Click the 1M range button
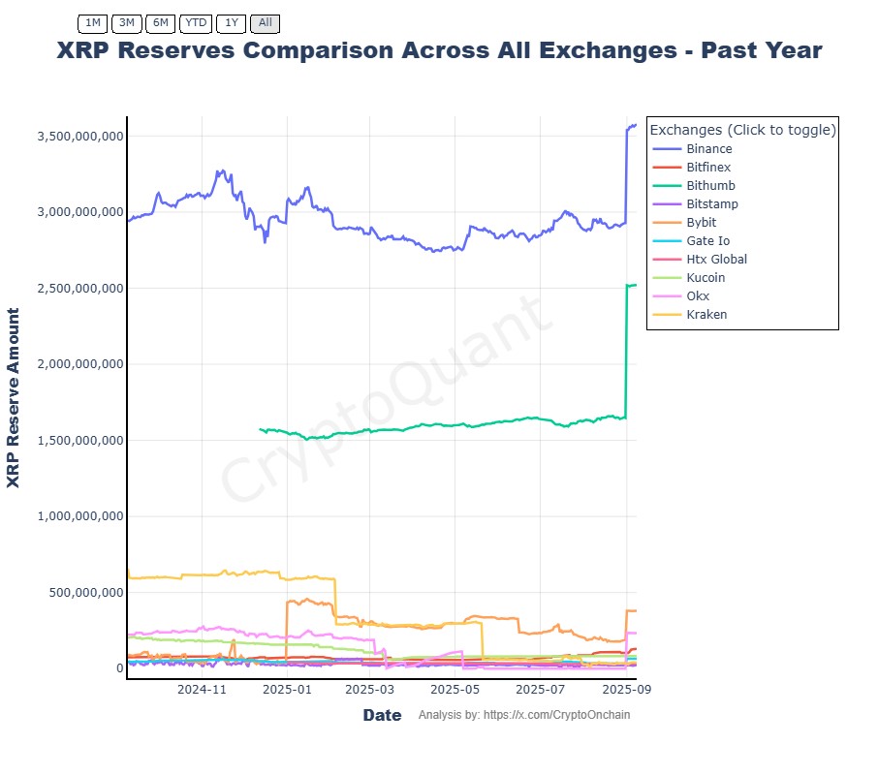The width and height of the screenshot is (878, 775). click(92, 22)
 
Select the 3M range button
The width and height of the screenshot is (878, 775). click(126, 22)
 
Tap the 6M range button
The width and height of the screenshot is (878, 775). click(160, 22)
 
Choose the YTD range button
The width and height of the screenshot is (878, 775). click(196, 22)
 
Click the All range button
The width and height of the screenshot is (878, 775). click(265, 22)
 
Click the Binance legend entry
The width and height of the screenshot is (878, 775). click(708, 149)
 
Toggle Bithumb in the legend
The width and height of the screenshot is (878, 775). click(710, 186)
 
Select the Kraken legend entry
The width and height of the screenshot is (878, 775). click(706, 315)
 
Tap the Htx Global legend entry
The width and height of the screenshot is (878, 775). click(716, 260)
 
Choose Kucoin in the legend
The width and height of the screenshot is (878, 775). click(705, 278)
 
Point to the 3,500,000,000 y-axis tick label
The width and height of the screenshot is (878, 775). click(79, 137)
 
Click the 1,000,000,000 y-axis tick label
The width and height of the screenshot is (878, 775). click(79, 516)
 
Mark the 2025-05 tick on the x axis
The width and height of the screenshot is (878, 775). click(455, 690)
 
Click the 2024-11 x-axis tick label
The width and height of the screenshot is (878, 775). click(202, 690)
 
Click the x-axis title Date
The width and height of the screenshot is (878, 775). click(382, 716)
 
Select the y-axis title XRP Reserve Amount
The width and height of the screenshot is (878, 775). click(14, 397)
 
